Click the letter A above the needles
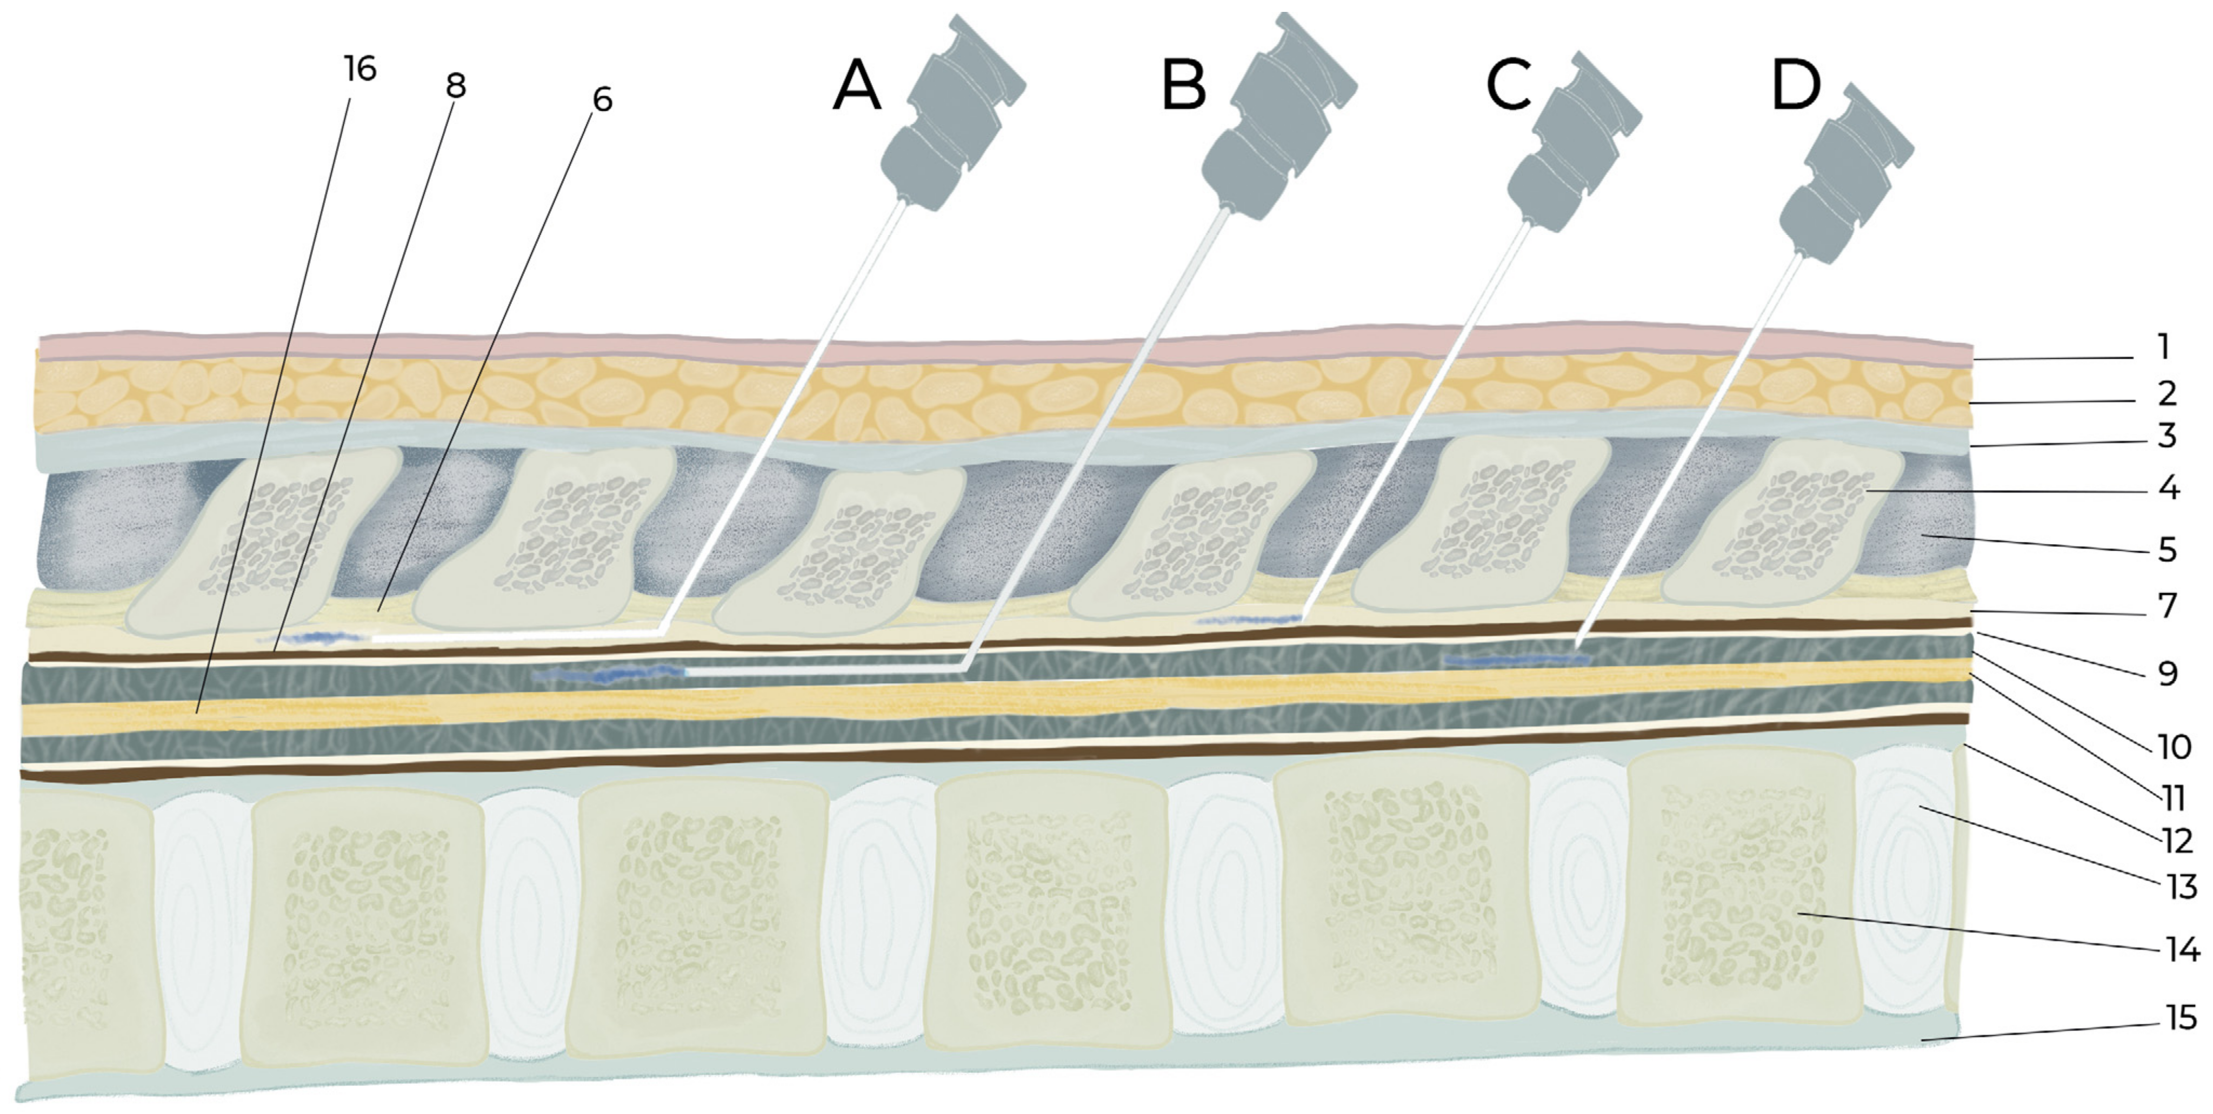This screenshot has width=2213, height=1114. pos(857,87)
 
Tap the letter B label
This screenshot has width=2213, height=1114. pos(1184,87)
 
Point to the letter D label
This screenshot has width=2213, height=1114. pos(1796,87)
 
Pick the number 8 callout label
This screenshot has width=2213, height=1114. pos(455,85)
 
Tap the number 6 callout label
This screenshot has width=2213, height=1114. pos(602,99)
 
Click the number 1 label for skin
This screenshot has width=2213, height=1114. pos(2163,347)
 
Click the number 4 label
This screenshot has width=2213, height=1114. pos(2168,488)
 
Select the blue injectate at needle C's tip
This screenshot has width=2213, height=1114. pos(1245,619)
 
